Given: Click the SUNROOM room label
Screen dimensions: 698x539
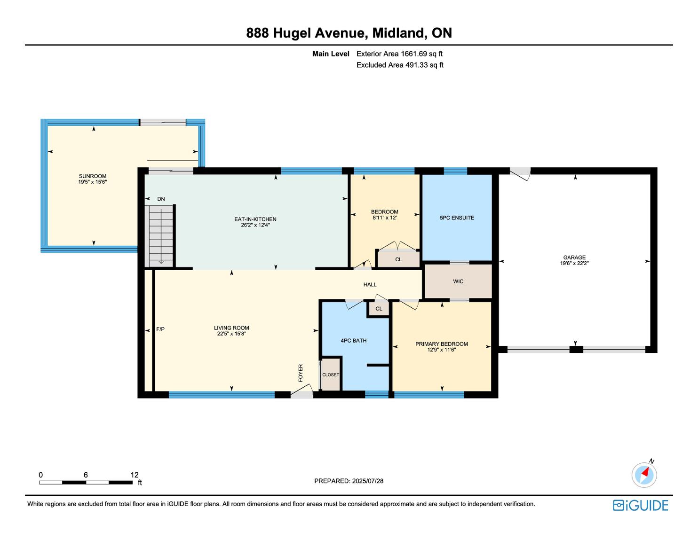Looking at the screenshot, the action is (93, 176).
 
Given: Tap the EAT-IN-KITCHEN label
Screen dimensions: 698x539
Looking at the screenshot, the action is (255, 219).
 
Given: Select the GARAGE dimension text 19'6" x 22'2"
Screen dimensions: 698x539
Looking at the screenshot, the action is (574, 263).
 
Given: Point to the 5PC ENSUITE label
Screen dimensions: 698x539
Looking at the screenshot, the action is (457, 218).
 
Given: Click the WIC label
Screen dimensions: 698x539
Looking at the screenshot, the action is (458, 281).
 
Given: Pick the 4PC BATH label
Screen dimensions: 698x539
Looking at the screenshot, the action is (353, 341).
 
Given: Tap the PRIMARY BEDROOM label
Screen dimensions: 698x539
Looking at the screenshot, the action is (441, 344).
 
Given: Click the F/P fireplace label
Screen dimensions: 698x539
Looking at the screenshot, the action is (160, 329).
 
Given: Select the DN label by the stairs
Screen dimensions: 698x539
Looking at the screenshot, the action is (161, 199).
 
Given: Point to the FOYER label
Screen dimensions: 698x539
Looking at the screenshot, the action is (301, 373).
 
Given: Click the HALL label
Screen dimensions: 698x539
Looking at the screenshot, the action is (370, 285).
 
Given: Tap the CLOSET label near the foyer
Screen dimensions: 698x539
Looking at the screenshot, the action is (331, 375).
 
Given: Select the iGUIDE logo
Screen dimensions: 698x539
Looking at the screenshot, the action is (641, 505).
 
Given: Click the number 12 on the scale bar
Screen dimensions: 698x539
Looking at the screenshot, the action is (135, 475).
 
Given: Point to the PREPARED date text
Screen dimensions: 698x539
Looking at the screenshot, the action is (349, 481).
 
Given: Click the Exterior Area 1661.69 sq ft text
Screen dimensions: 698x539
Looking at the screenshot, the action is (399, 54).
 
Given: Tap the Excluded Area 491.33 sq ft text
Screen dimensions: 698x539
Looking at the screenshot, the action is (400, 65).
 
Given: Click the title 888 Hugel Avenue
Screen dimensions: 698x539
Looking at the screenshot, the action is (305, 33).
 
